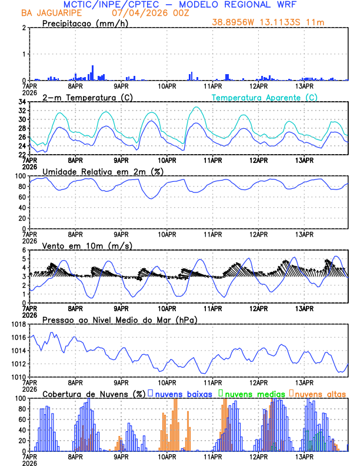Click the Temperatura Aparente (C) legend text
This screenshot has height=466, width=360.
click(x=265, y=97)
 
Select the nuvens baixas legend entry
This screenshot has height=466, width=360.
click(x=179, y=394)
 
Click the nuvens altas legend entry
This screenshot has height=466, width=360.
click(x=318, y=394)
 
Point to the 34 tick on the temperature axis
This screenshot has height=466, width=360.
click(x=21, y=102)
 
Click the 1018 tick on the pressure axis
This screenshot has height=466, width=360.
click(x=18, y=324)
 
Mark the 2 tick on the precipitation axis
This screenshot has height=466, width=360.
click(x=24, y=28)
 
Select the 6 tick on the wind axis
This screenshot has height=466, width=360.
click(x=24, y=250)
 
